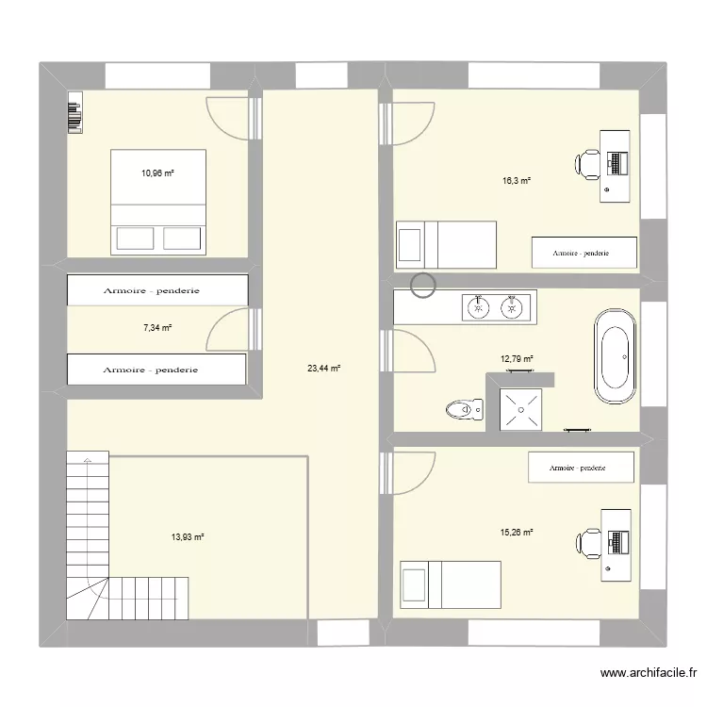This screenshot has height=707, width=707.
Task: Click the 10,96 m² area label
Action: click(158, 173)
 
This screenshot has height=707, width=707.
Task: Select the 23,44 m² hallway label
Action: click(322, 369)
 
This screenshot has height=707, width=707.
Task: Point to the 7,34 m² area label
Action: click(157, 328)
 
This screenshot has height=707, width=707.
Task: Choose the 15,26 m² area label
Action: click(517, 532)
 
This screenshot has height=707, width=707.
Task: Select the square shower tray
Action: click(519, 409)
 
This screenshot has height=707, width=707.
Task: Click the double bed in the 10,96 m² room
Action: click(158, 201)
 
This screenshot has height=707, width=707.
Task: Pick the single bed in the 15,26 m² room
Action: click(451, 580)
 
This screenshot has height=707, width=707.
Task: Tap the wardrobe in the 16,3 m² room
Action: click(584, 253)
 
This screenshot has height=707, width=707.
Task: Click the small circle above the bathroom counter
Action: click(423, 286)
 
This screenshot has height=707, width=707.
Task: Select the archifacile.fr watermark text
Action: click(648, 673)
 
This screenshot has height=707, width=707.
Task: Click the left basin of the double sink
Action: click(479, 305)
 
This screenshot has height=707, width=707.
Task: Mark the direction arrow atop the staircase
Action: click(88, 460)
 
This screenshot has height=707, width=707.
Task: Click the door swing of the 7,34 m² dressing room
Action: click(228, 331)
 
